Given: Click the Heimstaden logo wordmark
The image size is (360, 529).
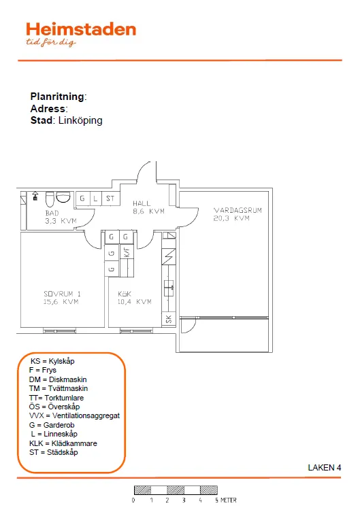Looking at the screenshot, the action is [81, 30].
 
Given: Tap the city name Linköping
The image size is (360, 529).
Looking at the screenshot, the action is [80, 120].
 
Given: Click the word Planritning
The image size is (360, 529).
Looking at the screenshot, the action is [57, 97].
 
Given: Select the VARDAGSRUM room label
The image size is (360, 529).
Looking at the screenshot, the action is [238, 210].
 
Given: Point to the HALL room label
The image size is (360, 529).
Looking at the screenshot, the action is [142, 203].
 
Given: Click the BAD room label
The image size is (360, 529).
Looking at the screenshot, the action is [52, 214].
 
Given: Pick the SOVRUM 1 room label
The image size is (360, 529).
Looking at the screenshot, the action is [62, 294].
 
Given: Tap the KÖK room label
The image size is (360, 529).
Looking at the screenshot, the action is [125, 294].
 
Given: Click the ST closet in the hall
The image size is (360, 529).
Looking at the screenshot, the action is [110, 199].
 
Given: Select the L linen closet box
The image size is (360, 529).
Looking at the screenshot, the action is [95, 199].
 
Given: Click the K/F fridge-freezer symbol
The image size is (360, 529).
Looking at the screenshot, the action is [127, 252].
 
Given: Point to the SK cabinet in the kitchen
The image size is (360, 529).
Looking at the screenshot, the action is [169, 319].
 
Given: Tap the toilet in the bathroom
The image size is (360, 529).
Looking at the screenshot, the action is [50, 199].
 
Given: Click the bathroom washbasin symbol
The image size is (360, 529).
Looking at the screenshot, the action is [63, 197].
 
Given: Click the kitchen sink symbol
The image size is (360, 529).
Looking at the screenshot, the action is [169, 288].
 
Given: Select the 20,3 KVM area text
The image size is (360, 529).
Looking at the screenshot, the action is [231, 218].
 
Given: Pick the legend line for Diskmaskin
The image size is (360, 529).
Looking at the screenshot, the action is [58, 379].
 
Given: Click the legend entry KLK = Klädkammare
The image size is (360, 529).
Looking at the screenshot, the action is [63, 443].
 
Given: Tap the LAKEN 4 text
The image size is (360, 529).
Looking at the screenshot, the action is [324, 468].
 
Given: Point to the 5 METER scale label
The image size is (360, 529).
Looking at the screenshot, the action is [225, 500].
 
